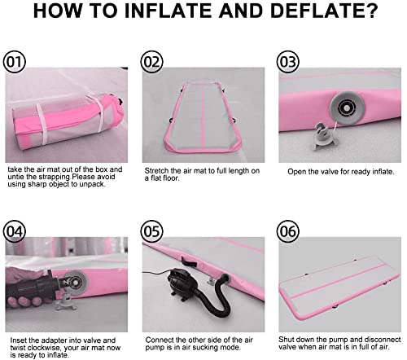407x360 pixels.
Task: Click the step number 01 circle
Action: (14, 62)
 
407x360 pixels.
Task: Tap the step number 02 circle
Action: (151, 62)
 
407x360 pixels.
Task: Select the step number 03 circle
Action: (288, 62)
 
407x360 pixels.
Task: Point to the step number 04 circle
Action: (14, 231)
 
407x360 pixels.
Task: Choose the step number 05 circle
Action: (151, 231)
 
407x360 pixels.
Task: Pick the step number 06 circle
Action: (288, 231)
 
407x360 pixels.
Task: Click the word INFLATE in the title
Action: (168, 11)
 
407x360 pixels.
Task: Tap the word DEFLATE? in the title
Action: (324, 11)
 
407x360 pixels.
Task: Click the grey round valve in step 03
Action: (347, 108)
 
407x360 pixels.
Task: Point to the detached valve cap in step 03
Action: (325, 136)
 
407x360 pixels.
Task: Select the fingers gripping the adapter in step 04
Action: (24, 301)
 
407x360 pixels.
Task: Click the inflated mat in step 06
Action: (339, 283)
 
